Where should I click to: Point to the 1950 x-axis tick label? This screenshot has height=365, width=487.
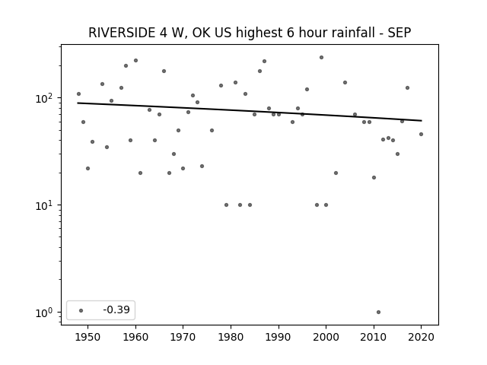tap(88, 337)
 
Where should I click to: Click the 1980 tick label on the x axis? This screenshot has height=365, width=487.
tap(231, 337)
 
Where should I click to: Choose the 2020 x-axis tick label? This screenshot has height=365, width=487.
tap(421, 337)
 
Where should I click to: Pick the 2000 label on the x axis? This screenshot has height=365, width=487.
tap(326, 337)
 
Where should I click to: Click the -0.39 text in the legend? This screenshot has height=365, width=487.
tap(116, 309)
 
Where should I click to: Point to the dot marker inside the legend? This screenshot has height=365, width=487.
tap(81, 310)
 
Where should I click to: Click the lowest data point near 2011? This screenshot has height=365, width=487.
tap(378, 313)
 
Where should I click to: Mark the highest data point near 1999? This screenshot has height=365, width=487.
tap(321, 58)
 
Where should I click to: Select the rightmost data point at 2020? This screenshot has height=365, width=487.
tap(421, 134)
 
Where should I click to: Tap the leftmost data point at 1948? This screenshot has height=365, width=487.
tap(78, 94)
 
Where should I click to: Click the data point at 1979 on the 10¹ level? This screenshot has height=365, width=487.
tap(226, 205)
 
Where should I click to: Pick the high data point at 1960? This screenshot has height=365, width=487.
tap(135, 61)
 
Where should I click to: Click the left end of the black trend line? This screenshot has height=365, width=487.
tap(78, 103)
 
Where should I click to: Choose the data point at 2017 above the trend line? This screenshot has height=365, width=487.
tap(408, 88)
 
